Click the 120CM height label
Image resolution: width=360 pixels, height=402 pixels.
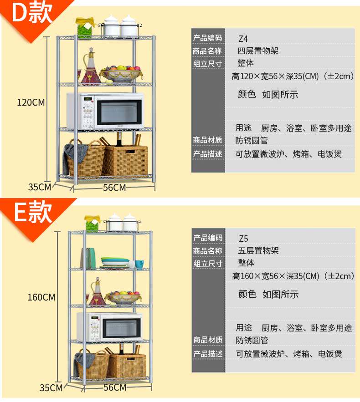(x=31, y=102)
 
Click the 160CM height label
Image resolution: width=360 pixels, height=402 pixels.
(x=41, y=297)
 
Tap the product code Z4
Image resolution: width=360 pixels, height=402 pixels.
(x=243, y=38)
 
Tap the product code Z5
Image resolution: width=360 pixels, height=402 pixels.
(x=244, y=238)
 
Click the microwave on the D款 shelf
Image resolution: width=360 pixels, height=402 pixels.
(x=106, y=111)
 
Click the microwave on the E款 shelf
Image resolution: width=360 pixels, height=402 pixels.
(x=109, y=326)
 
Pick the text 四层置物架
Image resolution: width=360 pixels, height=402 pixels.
(x=258, y=51)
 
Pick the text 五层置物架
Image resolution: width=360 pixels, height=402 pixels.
(x=258, y=250)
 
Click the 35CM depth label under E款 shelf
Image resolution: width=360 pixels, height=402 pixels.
(x=51, y=388)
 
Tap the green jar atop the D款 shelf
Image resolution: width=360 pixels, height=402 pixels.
(x=85, y=28)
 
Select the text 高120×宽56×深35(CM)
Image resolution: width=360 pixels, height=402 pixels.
(x=275, y=76)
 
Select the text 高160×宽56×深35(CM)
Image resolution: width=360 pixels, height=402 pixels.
(x=276, y=275)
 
